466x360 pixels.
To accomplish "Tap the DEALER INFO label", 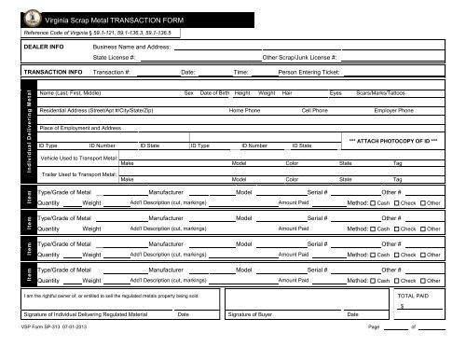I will coord(44,45).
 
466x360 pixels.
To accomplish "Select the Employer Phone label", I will coord(394,110).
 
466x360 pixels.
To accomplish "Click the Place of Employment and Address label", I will coord(81,127).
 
